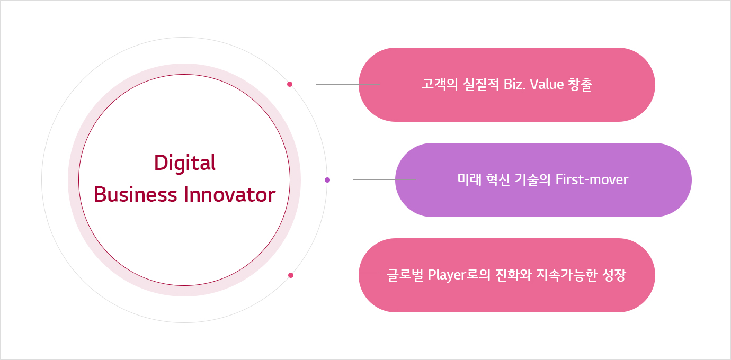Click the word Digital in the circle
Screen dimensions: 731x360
pos(185,163)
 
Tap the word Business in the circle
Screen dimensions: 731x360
pos(136,195)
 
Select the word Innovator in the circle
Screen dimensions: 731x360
pos(230,195)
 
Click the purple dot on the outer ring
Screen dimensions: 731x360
pos(327,180)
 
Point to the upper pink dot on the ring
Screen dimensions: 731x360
pos(290,84)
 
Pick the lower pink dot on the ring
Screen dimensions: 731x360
pos(291,275)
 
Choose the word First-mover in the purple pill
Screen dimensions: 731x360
pos(592,179)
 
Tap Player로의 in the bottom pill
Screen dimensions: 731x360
pos(459,275)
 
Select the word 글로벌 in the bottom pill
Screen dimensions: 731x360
pos(405,275)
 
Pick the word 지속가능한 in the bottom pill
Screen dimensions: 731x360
pos(567,275)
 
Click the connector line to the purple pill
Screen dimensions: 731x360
pos(385,179)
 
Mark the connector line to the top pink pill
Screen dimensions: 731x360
pos(348,85)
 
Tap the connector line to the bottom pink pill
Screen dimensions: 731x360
pos(348,275)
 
